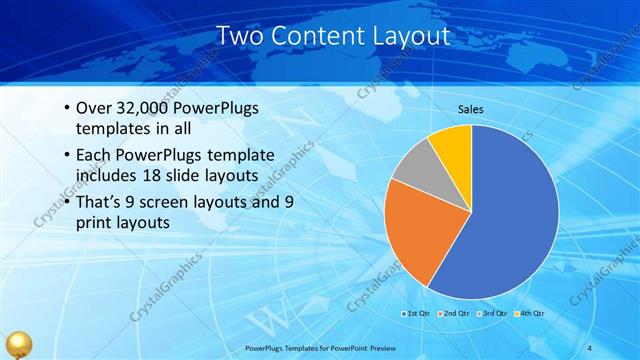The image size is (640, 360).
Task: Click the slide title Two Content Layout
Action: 319,37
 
